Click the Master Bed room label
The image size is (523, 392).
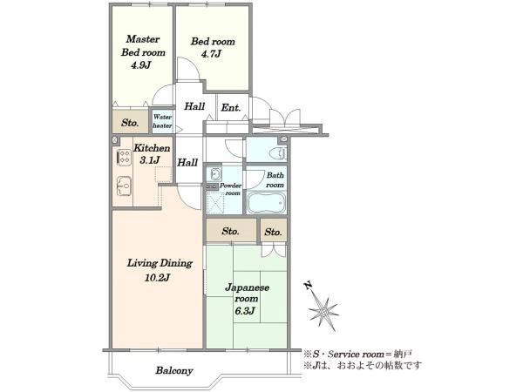[143, 45]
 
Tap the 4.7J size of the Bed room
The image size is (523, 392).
[212, 54]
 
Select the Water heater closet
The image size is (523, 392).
[162, 121]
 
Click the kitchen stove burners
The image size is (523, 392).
[124, 158]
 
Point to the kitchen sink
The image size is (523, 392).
[125, 186]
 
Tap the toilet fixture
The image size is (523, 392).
[277, 153]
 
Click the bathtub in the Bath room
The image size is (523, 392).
[267, 202]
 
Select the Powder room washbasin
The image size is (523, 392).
[214, 173]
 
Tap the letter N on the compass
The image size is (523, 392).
[309, 286]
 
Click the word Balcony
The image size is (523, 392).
[174, 371]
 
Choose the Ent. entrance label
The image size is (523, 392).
[230, 108]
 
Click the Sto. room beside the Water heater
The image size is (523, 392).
[130, 122]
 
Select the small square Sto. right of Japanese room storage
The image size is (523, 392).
[274, 231]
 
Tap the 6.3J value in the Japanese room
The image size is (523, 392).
[245, 311]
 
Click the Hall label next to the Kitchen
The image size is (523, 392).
[187, 163]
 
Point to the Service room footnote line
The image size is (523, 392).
[358, 354]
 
